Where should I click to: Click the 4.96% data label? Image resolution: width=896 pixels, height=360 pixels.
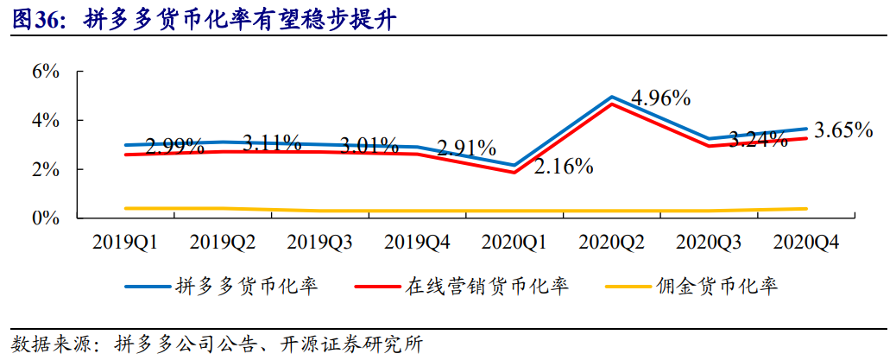(660, 98)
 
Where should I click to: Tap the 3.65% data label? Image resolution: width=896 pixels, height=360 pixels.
(843, 130)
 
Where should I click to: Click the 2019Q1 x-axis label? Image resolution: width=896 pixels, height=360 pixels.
(125, 243)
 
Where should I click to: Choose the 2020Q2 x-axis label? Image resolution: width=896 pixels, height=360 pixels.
(611, 243)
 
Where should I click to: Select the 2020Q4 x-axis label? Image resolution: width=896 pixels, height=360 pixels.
(805, 243)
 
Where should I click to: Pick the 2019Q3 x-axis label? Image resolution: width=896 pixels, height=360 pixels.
(319, 243)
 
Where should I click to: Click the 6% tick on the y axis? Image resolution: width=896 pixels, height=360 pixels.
(46, 72)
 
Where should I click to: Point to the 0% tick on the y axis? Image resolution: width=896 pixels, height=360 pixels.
(46, 218)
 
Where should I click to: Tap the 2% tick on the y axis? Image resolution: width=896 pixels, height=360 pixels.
(46, 170)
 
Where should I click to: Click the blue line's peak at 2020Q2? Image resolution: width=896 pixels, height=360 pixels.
(611, 97)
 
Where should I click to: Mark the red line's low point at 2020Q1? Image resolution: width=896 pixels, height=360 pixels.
(514, 173)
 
